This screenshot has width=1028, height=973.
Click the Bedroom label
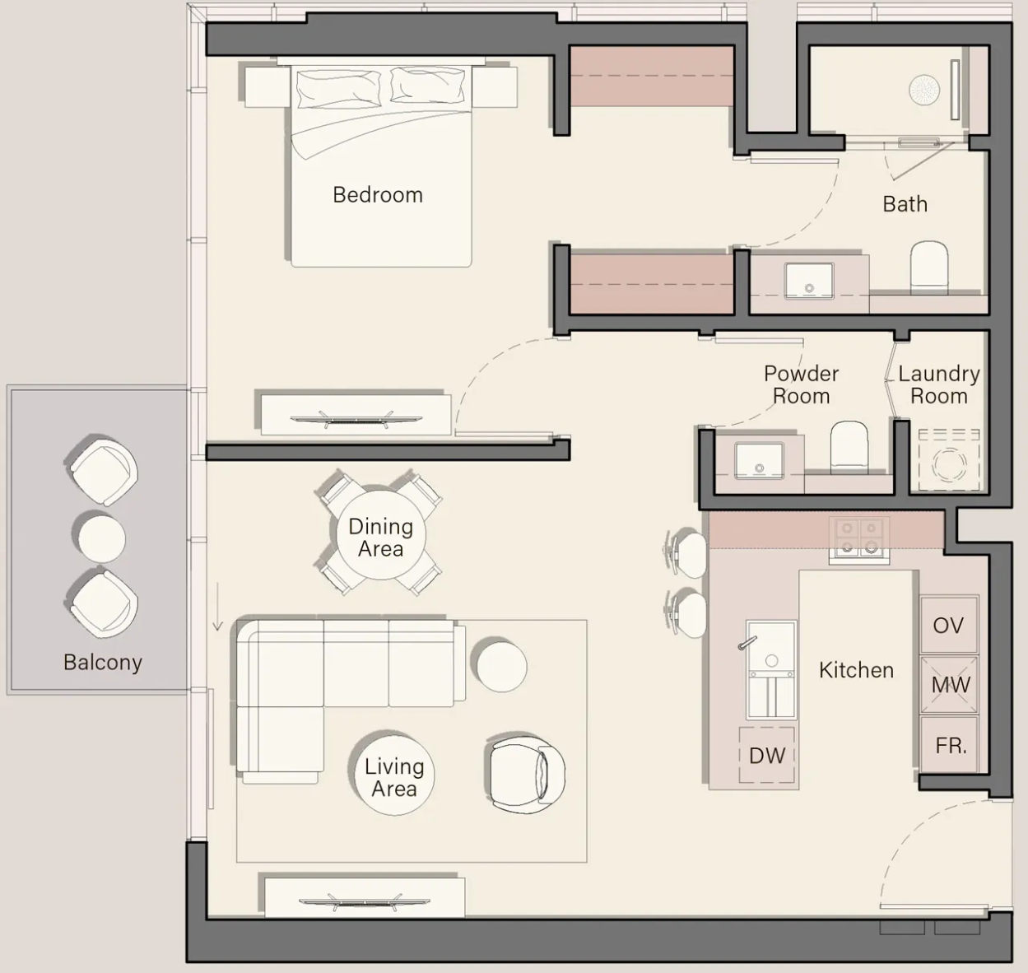pyautogui.click(x=378, y=195)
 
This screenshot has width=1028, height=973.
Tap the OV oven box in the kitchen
pyautogui.click(x=948, y=625)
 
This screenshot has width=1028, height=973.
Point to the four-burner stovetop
pyautogui.click(x=859, y=541)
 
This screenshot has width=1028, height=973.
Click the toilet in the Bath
pyautogui.click(x=929, y=267)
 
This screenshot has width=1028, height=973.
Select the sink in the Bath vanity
pyautogui.click(x=809, y=281)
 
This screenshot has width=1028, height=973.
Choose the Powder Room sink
pyautogui.click(x=759, y=460)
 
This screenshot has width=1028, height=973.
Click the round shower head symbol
pyautogui.click(x=924, y=90)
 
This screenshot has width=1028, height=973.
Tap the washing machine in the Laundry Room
pyautogui.click(x=949, y=461)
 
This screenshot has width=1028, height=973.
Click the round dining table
pyautogui.click(x=380, y=534)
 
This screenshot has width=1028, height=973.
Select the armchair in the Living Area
pyautogui.click(x=526, y=775)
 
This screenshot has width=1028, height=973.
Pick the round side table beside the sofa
pyautogui.click(x=502, y=666)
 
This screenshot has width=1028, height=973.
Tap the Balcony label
pyautogui.click(x=103, y=663)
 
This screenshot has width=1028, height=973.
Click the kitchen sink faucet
pyautogui.click(x=747, y=643)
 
